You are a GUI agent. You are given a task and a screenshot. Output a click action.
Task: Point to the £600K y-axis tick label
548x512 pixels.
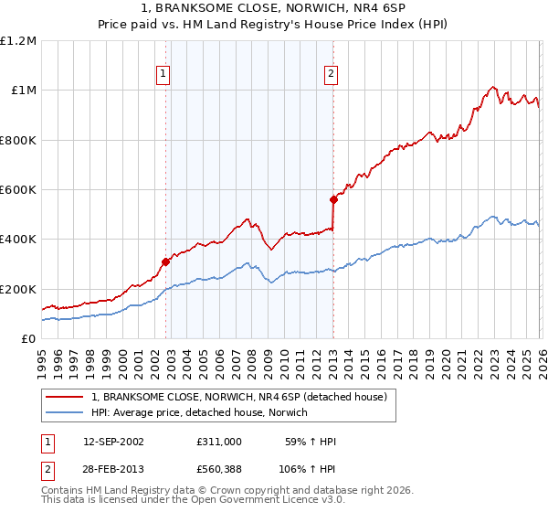18,190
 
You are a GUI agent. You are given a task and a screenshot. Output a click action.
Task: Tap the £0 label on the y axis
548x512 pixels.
29,339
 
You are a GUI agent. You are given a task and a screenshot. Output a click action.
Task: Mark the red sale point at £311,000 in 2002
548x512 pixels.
166,261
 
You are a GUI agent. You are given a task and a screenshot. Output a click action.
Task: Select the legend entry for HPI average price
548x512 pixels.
199,412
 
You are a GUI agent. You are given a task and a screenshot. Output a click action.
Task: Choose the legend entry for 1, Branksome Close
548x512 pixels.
239,397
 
